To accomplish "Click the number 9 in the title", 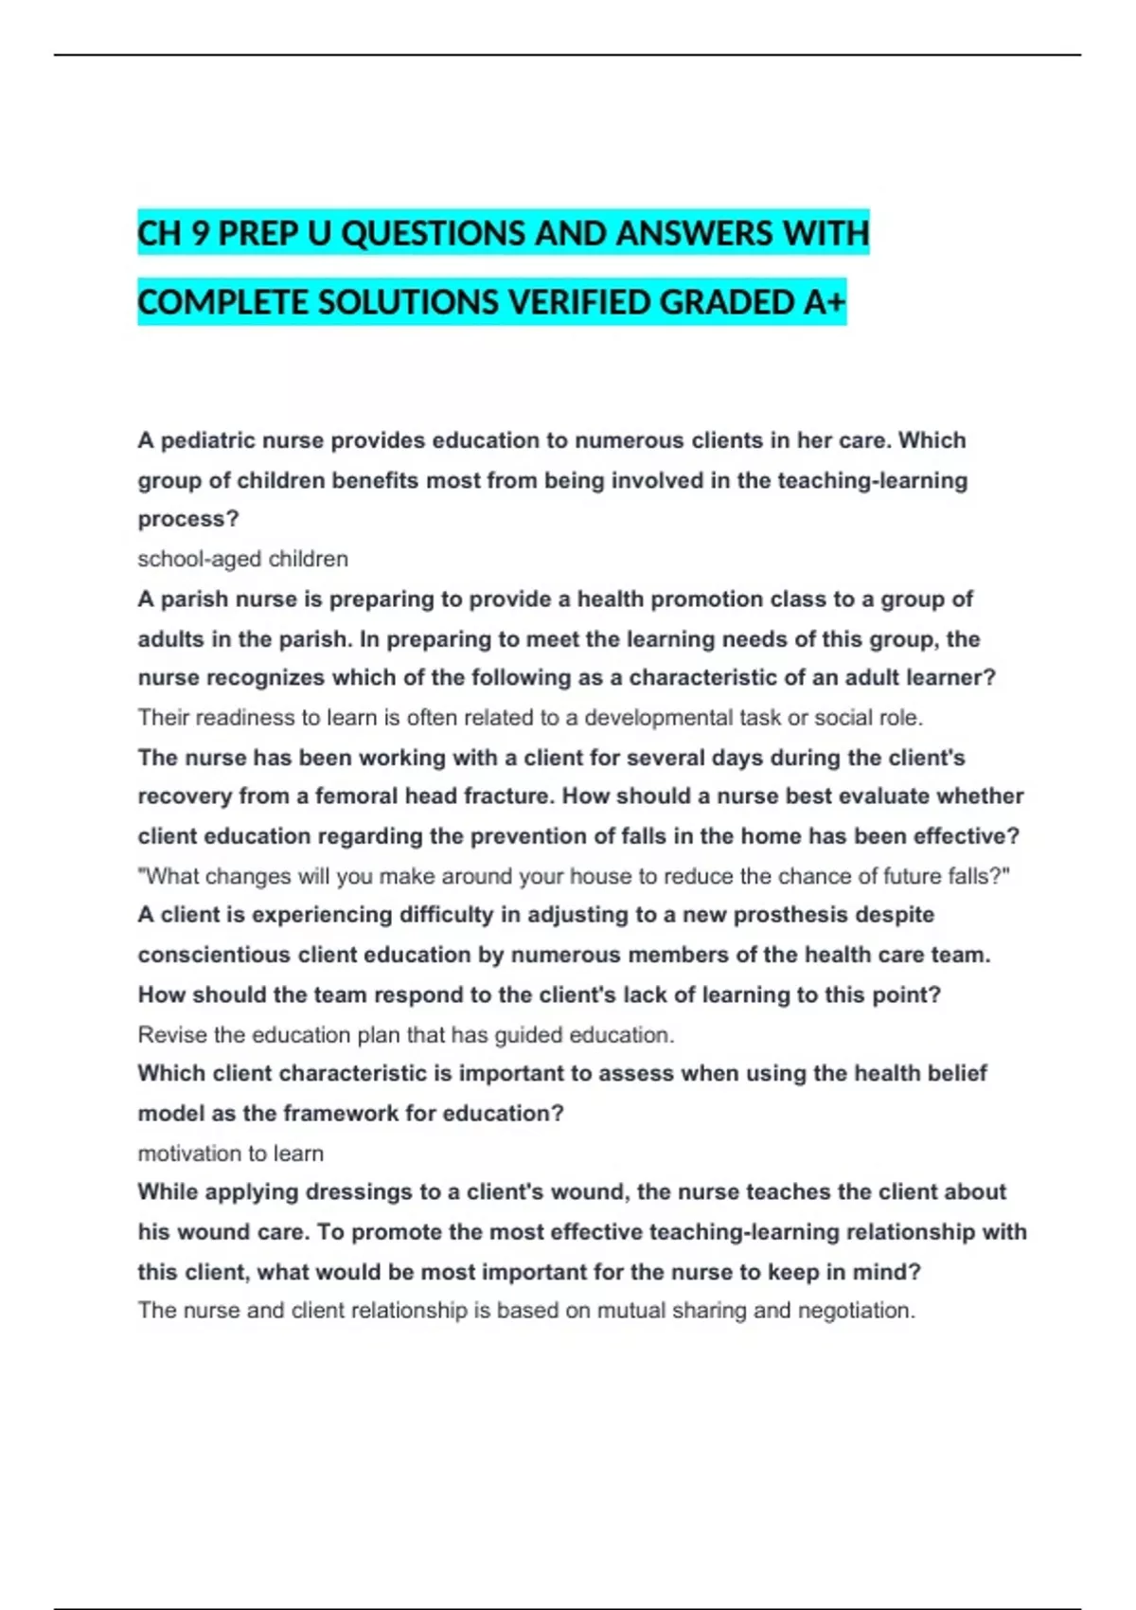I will pyautogui.click(x=200, y=233).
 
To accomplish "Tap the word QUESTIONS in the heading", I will pyautogui.click(x=433, y=233).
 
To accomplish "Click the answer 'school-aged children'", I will pyautogui.click(x=242, y=559).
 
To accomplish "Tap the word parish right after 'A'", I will pyautogui.click(x=195, y=599).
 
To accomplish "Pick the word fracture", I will pyautogui.click(x=508, y=796).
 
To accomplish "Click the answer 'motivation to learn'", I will pyautogui.click(x=230, y=1154).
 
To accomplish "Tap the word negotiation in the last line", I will pyautogui.click(x=856, y=1311).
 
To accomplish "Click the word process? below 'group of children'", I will pyautogui.click(x=188, y=520).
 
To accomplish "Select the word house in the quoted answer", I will pyautogui.click(x=595, y=876).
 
